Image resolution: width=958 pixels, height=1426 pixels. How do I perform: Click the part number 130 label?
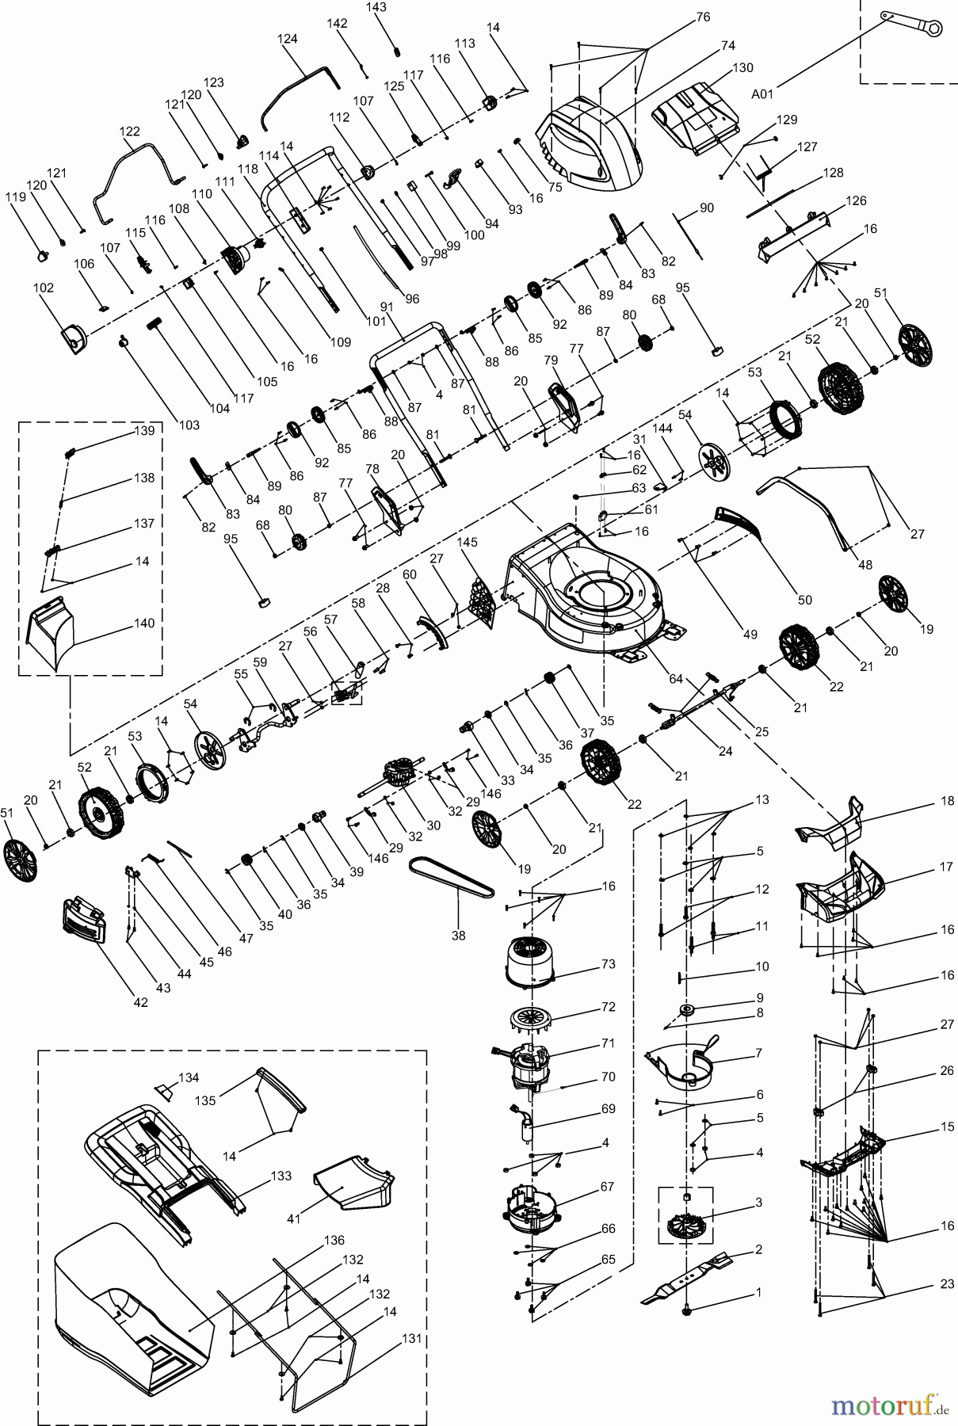pos(742,68)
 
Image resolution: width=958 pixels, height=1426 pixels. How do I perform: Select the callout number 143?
pos(377,7)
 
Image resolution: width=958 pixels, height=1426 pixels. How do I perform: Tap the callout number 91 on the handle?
pos(387,307)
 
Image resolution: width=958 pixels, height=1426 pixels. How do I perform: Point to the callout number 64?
pos(675,678)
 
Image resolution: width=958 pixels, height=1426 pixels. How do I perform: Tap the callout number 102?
pos(44,288)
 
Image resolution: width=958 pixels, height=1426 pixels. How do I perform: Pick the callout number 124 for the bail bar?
pos(287,39)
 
